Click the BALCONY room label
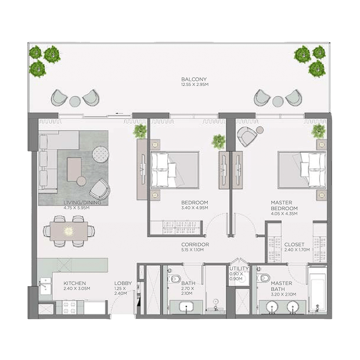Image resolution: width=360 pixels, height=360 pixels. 194,79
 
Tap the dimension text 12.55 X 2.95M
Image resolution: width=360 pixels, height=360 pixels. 195,85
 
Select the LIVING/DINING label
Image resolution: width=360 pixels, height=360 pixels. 82,203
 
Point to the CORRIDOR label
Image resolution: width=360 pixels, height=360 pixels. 195,244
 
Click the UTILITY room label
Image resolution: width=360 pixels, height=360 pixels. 239,268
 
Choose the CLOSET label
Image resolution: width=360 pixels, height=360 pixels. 294,244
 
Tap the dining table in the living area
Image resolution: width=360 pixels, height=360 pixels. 69,231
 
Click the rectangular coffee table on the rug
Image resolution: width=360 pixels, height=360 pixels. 74,169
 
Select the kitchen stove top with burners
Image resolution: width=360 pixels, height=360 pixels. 70,307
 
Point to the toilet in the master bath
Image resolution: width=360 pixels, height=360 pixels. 264,278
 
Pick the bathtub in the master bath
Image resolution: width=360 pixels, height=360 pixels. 318,289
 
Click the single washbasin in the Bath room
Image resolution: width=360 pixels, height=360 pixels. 186,307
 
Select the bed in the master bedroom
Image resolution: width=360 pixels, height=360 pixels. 302,170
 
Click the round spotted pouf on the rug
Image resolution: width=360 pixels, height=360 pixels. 100,154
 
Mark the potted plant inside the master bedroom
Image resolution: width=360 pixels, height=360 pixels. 318,131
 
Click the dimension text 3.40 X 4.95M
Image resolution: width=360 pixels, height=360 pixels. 195,208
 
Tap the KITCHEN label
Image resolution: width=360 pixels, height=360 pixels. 75,283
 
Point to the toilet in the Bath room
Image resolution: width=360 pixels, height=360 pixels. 175,279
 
